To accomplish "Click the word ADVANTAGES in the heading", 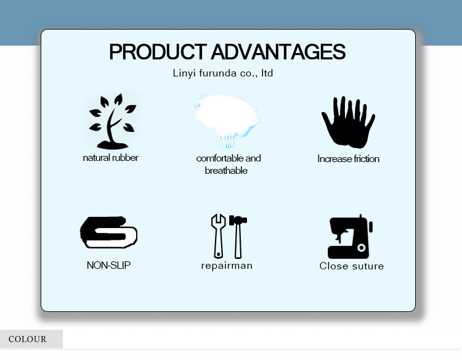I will tap(278, 52).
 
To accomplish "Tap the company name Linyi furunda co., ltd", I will tap(223, 73).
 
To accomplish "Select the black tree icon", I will tap(111, 121).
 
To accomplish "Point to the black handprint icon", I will tap(347, 121).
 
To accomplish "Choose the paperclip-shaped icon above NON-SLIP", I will tap(108, 232).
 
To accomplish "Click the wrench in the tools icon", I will tap(218, 235).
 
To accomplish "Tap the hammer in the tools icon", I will tap(237, 235).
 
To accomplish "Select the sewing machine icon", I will tap(350, 237).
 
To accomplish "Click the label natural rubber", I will tap(111, 158).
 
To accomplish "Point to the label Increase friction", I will tap(348, 159).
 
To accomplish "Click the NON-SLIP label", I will tap(109, 266).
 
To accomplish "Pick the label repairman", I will tap(227, 266).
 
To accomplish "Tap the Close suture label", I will tap(351, 266).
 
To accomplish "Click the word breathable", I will tap(226, 171).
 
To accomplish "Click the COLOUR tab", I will tap(28, 339).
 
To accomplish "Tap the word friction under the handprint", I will tap(365, 159).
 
